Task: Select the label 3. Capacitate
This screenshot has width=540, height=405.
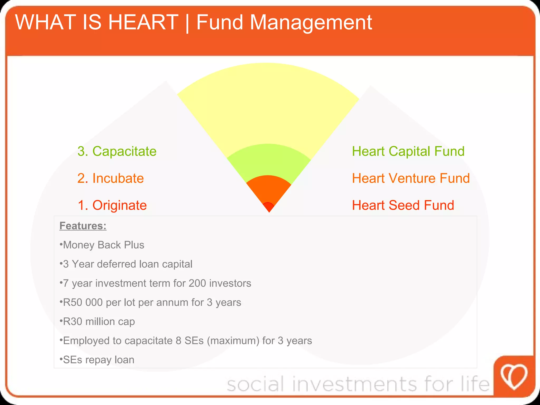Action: [117, 151]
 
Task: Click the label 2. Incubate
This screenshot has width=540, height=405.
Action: [110, 178]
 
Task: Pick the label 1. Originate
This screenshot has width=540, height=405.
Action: [112, 205]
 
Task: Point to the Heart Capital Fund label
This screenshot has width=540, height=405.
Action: [408, 151]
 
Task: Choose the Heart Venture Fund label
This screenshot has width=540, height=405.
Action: [411, 178]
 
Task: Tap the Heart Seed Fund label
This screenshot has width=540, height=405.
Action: [403, 205]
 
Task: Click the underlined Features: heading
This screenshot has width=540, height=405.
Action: [83, 226]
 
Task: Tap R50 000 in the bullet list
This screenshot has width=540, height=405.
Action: [83, 302]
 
